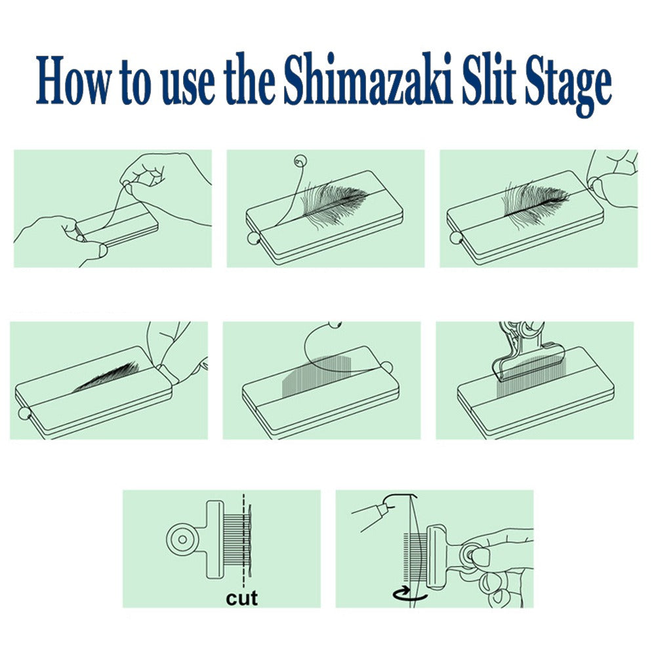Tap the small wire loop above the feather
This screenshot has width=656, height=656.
click(x=300, y=159)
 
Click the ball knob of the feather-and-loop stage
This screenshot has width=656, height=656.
click(x=252, y=237)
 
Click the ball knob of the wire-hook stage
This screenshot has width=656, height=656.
click(x=387, y=367)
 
